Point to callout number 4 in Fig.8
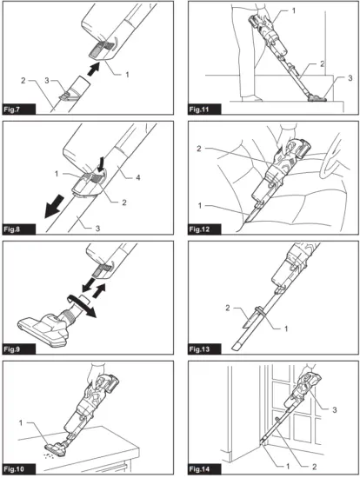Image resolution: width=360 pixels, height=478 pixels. (x=138, y=177)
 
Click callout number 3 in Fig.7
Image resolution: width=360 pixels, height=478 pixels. (x=47, y=81)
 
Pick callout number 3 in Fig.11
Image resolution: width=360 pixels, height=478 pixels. (x=350, y=78)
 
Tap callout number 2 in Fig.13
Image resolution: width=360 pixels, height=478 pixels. (x=228, y=308)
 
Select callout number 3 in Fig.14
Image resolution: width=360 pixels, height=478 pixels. (x=335, y=409)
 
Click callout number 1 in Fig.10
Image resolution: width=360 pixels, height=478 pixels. (x=21, y=423)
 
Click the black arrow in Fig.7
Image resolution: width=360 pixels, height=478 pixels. (x=94, y=69)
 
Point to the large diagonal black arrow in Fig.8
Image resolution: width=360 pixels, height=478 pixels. (x=54, y=207)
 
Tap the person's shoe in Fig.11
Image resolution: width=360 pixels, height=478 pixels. (x=252, y=98)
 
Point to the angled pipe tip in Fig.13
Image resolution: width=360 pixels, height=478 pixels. (x=237, y=346)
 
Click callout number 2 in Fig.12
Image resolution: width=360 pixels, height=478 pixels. (x=199, y=149)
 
